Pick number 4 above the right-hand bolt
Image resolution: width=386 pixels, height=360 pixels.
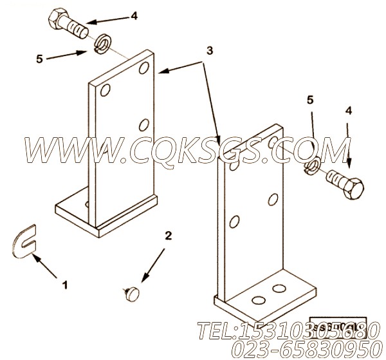349,111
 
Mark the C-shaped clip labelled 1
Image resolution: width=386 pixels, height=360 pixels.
25,240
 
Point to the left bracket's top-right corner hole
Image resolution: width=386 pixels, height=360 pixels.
144,68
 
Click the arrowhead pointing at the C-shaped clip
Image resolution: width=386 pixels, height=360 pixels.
38,256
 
